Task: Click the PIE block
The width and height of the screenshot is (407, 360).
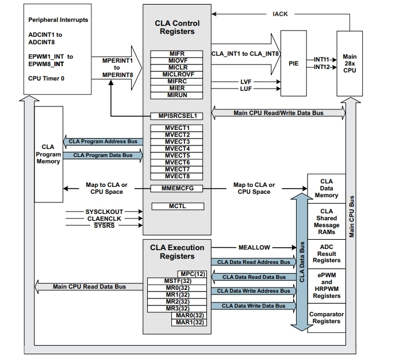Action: tap(294, 63)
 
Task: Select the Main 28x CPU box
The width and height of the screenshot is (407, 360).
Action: tap(350, 63)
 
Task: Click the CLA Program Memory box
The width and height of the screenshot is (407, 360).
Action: tap(48, 154)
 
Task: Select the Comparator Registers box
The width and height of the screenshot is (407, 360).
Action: tap(327, 318)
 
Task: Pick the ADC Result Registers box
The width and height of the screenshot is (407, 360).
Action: tap(327, 253)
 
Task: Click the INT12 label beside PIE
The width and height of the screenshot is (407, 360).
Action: tap(322, 67)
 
